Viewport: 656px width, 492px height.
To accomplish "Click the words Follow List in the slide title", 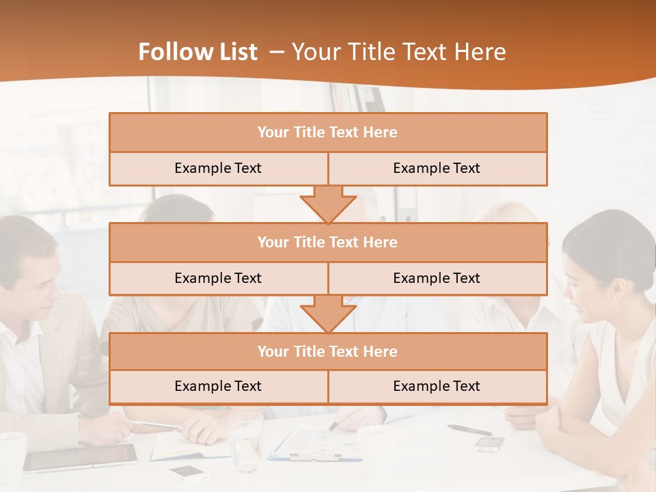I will pos(198,52).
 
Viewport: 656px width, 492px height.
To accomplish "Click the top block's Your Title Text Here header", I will pos(327,133).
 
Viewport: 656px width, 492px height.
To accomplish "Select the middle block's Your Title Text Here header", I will pos(327,242).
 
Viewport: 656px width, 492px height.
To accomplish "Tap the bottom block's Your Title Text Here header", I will pos(327,351).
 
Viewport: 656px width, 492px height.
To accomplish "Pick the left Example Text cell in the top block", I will pos(218,168).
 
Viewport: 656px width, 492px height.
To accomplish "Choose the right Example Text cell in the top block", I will pos(437,168).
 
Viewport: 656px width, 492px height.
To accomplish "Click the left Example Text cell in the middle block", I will pos(218,278).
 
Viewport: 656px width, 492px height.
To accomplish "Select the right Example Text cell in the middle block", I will pos(437,278).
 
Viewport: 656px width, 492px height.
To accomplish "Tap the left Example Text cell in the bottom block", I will pos(218,386).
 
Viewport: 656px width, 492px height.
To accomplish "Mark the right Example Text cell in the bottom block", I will pos(437,386).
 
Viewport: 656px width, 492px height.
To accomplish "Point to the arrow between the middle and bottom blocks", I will pos(328,314).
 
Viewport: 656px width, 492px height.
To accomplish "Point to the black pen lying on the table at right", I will pos(469,430).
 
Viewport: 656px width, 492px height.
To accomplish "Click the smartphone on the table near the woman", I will pos(489,443).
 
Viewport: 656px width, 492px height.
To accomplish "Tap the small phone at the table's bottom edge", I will pos(189,472).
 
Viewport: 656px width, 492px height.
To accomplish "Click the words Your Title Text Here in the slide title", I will pos(399,52).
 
